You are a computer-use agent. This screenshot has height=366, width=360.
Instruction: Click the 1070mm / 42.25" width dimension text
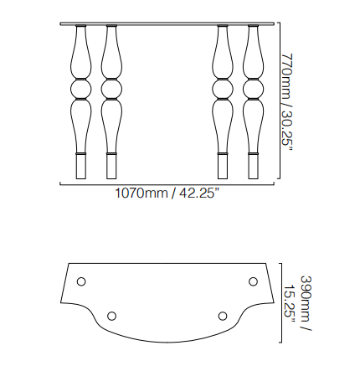[x=167, y=193]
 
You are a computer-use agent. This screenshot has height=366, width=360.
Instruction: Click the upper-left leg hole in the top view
[x=81, y=281]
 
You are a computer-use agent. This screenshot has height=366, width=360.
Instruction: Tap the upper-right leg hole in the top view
[x=253, y=281]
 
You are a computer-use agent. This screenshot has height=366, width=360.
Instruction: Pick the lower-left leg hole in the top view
[x=111, y=316]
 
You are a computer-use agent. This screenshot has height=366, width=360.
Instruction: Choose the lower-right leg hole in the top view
[x=223, y=316]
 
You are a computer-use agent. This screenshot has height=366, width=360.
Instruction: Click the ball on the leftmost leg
[x=80, y=88]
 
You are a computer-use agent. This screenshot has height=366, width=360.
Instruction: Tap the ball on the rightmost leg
[x=254, y=88]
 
